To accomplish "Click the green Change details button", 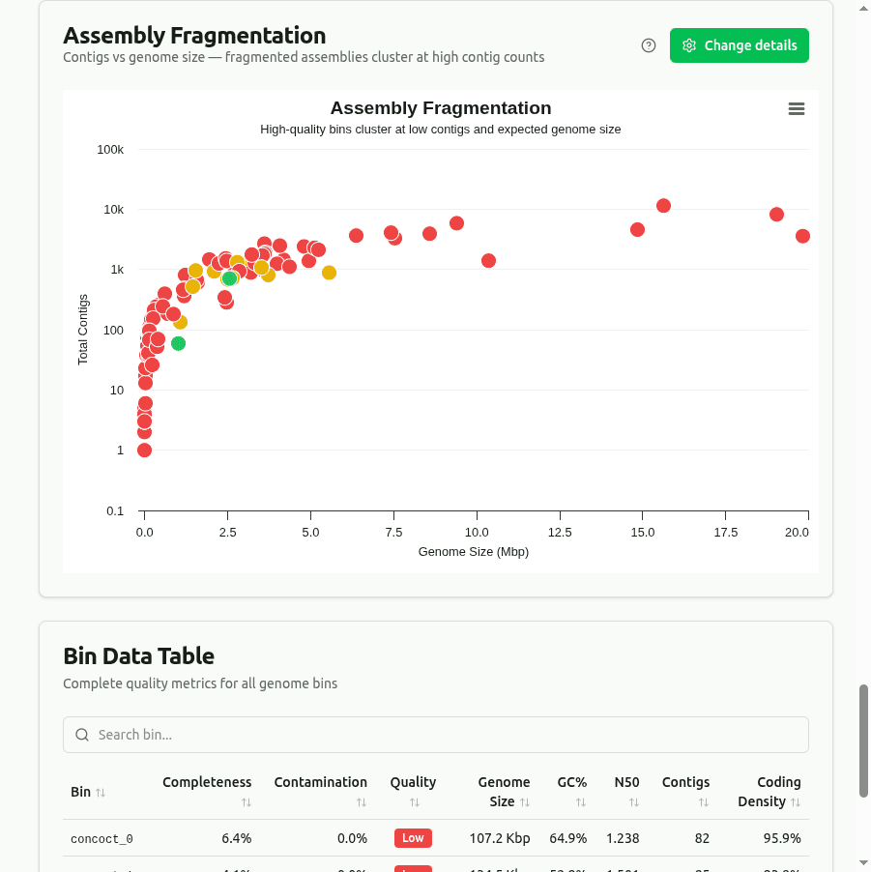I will (x=739, y=45).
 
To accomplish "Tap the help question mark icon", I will (x=649, y=45).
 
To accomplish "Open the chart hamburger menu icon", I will (x=797, y=109).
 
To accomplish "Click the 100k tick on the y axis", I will (x=110, y=150).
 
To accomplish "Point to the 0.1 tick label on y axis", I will (x=115, y=510).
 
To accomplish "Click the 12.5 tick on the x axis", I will (x=560, y=533).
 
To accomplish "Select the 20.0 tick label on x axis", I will (x=797, y=533).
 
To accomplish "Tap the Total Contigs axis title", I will (x=83, y=330).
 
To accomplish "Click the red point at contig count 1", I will (x=144, y=450).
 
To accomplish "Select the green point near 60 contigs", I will (x=178, y=343).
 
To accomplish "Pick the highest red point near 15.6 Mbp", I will (x=663, y=206).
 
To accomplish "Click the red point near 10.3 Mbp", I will (x=488, y=261).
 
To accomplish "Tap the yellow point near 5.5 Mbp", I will (x=329, y=273).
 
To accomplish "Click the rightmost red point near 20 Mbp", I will (x=802, y=236).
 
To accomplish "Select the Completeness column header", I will (x=207, y=782).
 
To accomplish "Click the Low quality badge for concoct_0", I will (x=413, y=838).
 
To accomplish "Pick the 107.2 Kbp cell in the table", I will (x=499, y=838).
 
